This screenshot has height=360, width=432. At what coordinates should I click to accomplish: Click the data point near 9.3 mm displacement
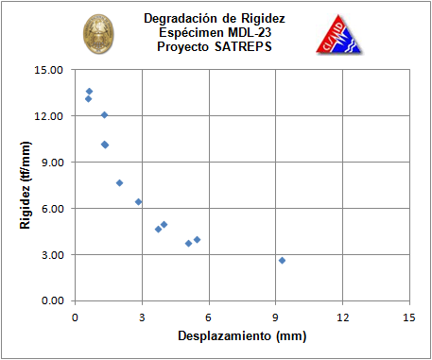click(x=282, y=261)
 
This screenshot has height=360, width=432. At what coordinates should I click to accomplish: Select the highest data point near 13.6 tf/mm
click(x=89, y=92)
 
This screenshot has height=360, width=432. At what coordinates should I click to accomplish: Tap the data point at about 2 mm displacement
click(x=119, y=183)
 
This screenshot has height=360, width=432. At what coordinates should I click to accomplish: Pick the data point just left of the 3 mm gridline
click(x=138, y=202)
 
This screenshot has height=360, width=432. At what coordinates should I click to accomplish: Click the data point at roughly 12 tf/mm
click(x=104, y=115)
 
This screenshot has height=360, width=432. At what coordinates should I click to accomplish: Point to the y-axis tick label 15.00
click(x=48, y=70)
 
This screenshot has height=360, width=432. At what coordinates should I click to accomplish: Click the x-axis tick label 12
click(x=343, y=317)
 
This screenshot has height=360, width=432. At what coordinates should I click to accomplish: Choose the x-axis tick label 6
click(x=209, y=317)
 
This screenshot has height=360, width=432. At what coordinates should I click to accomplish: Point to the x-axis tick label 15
click(x=409, y=317)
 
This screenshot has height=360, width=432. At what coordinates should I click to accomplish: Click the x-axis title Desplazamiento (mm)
click(x=242, y=336)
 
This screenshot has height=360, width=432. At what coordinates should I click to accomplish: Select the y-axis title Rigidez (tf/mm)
click(x=26, y=185)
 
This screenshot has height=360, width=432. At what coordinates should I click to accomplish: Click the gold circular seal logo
click(x=98, y=34)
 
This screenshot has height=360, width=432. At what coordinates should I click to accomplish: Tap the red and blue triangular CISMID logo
click(x=339, y=34)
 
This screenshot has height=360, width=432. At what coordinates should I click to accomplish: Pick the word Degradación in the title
click(x=181, y=19)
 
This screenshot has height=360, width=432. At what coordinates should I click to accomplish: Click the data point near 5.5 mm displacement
click(x=197, y=240)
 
